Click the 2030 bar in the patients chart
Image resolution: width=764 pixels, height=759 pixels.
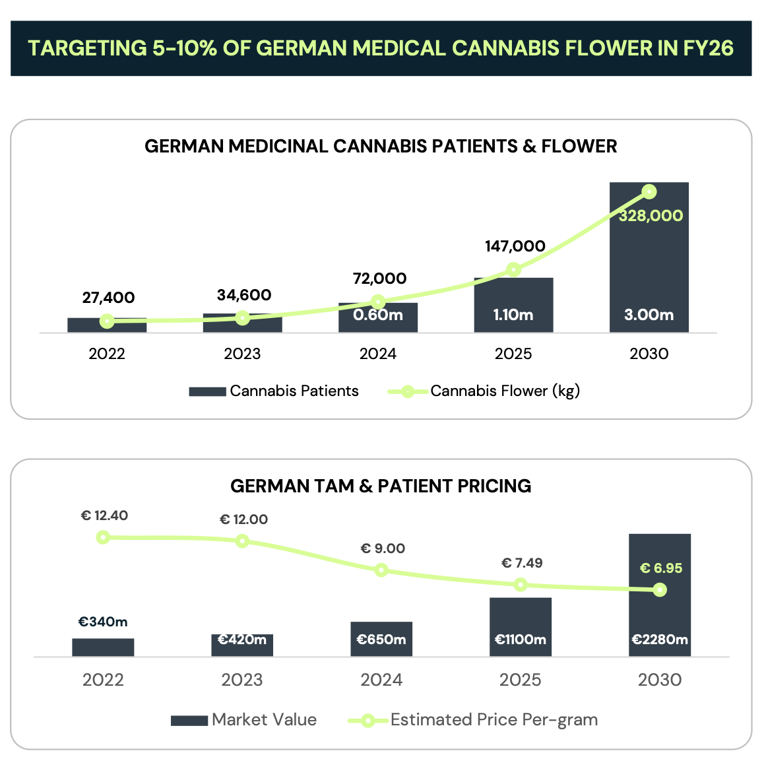coord(649,264)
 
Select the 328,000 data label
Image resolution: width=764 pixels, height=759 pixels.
coord(651,216)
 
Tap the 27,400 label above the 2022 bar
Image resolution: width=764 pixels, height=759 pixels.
coord(108,298)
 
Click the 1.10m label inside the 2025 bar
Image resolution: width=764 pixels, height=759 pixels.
coord(513,315)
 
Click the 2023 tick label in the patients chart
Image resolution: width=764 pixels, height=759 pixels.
coord(242,354)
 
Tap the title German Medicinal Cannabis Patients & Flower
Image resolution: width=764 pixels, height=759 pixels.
coord(381,146)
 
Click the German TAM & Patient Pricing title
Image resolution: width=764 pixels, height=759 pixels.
coord(381,486)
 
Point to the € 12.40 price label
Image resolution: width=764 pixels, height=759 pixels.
coord(104,515)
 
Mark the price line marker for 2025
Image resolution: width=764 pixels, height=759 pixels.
coord(521,585)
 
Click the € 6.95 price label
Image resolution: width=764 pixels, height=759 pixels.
coord(661,568)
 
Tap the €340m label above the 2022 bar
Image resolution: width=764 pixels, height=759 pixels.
coord(103,622)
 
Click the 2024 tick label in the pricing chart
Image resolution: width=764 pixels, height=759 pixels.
coord(381,680)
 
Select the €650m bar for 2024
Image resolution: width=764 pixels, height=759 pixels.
coord(381,639)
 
